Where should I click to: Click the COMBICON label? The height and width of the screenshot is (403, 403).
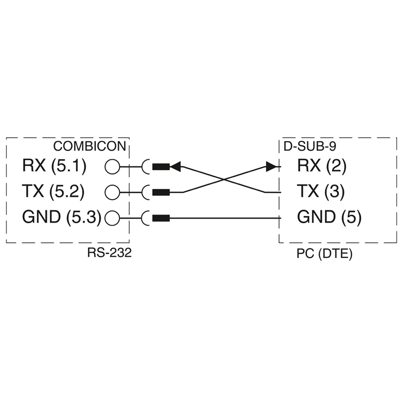click(90, 147)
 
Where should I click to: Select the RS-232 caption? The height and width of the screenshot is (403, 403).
click(109, 253)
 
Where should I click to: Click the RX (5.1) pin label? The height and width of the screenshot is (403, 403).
click(55, 166)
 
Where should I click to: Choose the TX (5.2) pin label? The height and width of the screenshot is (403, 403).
click(53, 192)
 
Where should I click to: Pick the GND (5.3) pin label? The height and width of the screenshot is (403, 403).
click(62, 218)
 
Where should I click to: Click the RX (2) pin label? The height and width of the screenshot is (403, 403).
click(321, 166)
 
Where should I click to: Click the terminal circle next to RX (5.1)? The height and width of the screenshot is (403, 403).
click(112, 166)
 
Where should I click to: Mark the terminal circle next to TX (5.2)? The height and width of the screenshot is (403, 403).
click(112, 192)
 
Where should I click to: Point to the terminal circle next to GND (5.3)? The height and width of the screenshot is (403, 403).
click(112, 218)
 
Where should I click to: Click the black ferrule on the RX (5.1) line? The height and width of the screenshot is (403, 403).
click(161, 166)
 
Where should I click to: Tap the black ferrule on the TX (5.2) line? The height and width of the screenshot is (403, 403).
click(161, 192)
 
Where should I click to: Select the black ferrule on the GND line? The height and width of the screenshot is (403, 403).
click(161, 218)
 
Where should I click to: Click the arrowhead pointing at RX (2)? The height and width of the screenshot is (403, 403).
click(271, 166)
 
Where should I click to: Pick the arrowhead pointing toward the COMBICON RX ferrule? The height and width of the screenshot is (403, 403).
click(176, 166)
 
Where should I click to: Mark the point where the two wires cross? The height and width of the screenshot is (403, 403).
click(224, 179)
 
